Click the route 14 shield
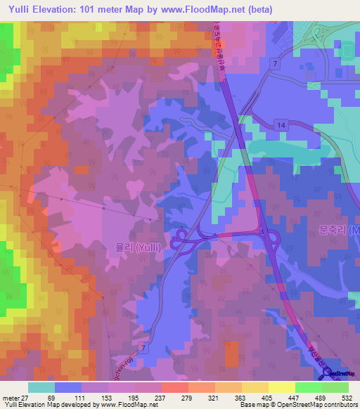tap(281, 124)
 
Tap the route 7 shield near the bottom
tap(143, 349)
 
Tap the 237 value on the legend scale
tap(167, 397)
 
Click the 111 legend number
tap(78, 397)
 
